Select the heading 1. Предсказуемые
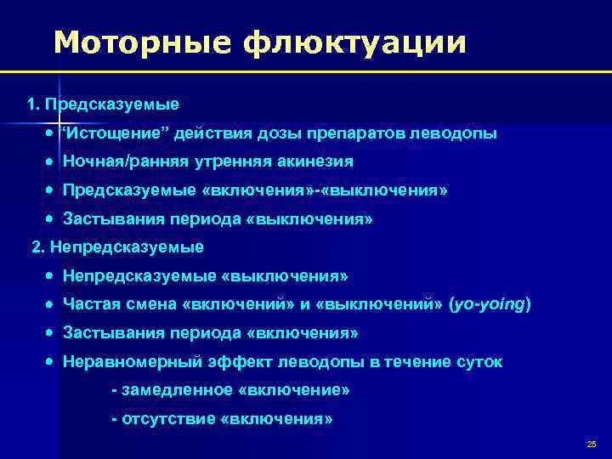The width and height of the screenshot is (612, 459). pyautogui.click(x=103, y=105)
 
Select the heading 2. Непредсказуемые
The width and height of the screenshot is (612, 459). pyautogui.click(x=117, y=247)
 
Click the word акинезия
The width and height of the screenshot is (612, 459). pyautogui.click(x=316, y=161)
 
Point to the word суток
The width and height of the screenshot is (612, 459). pyautogui.click(x=479, y=361)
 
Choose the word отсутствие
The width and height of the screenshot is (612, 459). pyautogui.click(x=167, y=419)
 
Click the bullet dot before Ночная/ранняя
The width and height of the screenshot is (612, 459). pyautogui.click(x=52, y=161)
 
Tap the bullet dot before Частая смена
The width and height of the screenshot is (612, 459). pyautogui.click(x=52, y=304)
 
